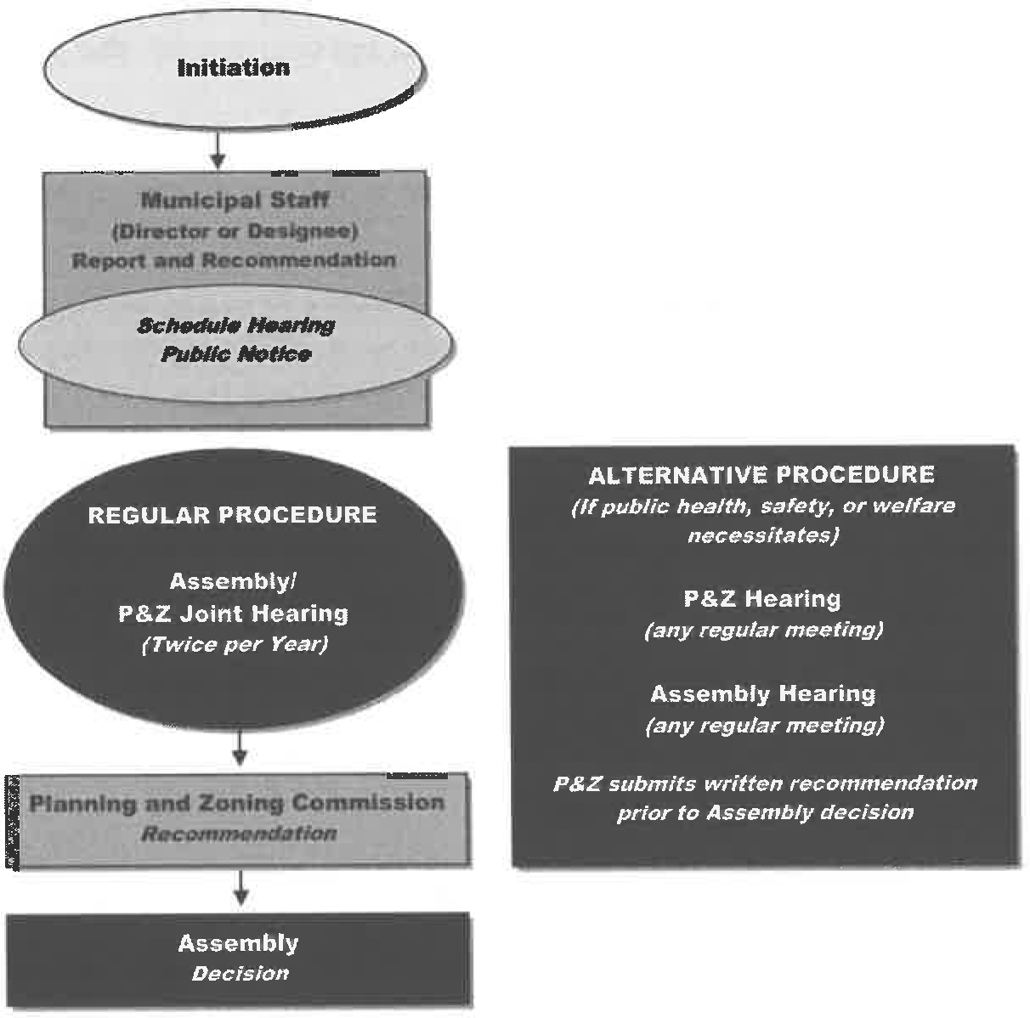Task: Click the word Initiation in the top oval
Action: tap(233, 68)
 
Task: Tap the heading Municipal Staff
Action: tap(235, 201)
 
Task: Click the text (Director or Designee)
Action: tap(235, 230)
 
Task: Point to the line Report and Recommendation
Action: tap(235, 260)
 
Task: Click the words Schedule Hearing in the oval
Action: tap(236, 325)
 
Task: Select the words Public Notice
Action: tap(236, 353)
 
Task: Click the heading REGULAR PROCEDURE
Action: tap(232, 515)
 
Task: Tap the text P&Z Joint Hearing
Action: tap(233, 614)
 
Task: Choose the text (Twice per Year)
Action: tap(234, 644)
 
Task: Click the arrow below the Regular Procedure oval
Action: tap(240, 748)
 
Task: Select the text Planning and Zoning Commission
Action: tap(237, 803)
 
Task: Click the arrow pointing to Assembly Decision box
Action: tap(241, 888)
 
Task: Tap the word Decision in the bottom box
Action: tap(240, 974)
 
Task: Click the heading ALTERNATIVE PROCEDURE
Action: tap(761, 474)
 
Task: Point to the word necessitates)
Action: tap(762, 535)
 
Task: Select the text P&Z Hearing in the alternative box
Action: tap(762, 599)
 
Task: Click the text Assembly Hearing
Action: tap(762, 694)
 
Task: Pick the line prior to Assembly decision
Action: tap(765, 812)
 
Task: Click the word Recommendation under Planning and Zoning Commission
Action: tap(240, 834)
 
